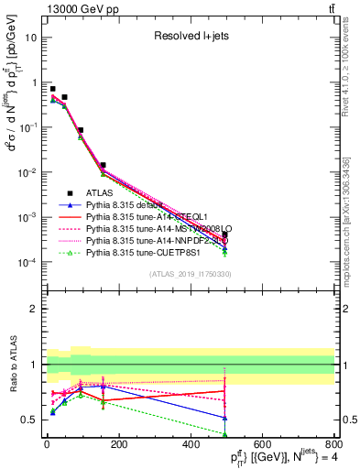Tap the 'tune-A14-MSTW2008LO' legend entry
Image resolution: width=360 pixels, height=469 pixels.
coord(159,228)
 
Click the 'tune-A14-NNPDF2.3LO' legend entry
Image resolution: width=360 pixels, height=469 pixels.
coord(159,240)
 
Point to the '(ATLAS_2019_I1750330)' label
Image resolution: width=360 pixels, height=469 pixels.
coord(190,274)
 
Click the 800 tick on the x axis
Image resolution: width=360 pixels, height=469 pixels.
coord(333,444)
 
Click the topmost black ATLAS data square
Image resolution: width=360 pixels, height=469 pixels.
coord(53,89)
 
